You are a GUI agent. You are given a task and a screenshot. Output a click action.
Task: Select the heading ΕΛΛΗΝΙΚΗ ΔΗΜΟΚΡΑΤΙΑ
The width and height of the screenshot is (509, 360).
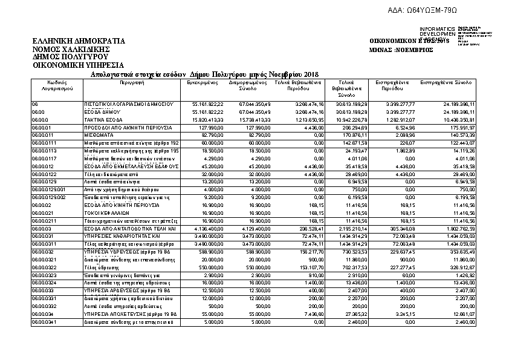pyautogui.click(x=79, y=41)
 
